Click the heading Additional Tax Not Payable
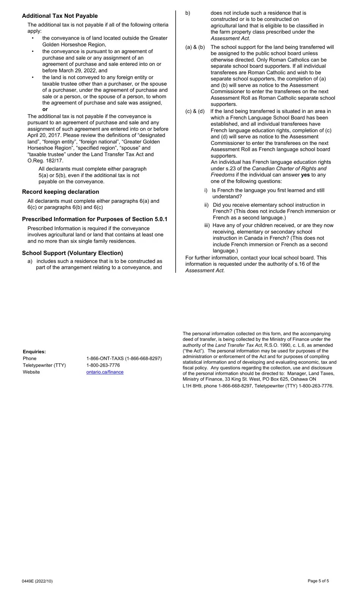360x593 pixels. pos(59,16)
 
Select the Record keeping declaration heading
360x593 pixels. pos(60,192)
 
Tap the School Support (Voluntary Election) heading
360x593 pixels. pos(72,253)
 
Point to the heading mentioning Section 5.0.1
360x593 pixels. pos(94,219)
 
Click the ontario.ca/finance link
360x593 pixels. pos(105,372)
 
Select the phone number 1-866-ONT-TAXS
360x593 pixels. pos(124,358)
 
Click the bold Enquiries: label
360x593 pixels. pos(34,351)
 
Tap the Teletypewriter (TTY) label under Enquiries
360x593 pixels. pos(44,365)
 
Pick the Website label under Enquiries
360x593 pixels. pos(31,372)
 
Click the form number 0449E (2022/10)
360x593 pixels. pos(37,581)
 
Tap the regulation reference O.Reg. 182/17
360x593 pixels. pos(45,161)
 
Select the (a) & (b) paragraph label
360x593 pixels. pos(195,47)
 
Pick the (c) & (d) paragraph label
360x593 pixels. pos(195,111)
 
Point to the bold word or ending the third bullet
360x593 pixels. pos(45,109)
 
